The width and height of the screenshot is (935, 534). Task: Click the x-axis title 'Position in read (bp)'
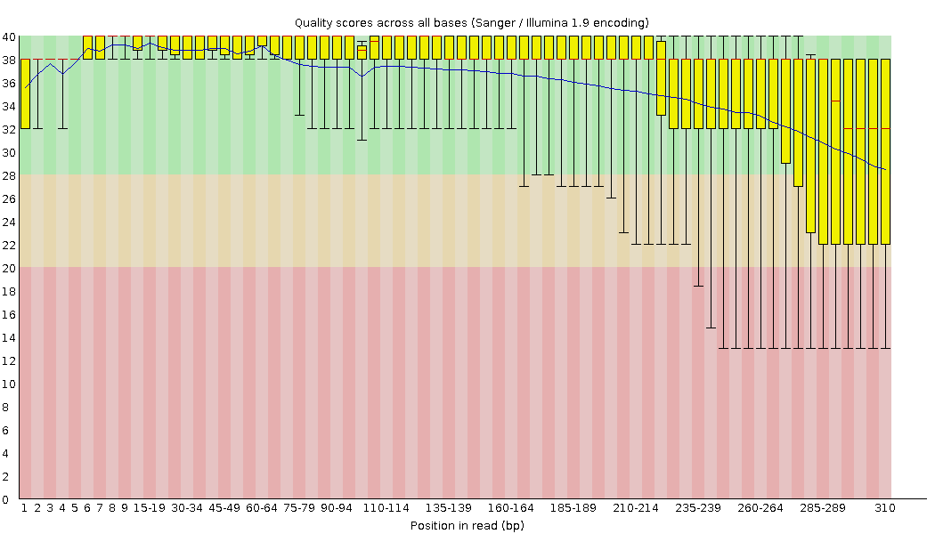(x=467, y=525)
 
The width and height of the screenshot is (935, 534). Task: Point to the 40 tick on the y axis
(x=8, y=36)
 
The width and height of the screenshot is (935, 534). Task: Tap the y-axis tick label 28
(x=8, y=175)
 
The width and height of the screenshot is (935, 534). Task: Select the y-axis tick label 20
(x=8, y=268)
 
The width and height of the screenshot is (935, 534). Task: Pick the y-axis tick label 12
(x=8, y=360)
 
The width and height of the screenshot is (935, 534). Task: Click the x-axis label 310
(x=884, y=508)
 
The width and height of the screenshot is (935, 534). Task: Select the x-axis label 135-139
(x=449, y=508)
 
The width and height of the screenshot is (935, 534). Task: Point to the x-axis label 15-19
(x=150, y=508)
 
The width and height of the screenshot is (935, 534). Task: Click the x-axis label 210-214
(x=636, y=508)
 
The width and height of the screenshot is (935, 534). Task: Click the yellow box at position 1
(x=25, y=93)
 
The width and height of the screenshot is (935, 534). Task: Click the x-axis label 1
(x=25, y=508)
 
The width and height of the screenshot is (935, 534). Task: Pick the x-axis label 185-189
(x=573, y=508)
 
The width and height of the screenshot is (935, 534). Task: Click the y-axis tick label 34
(x=8, y=106)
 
